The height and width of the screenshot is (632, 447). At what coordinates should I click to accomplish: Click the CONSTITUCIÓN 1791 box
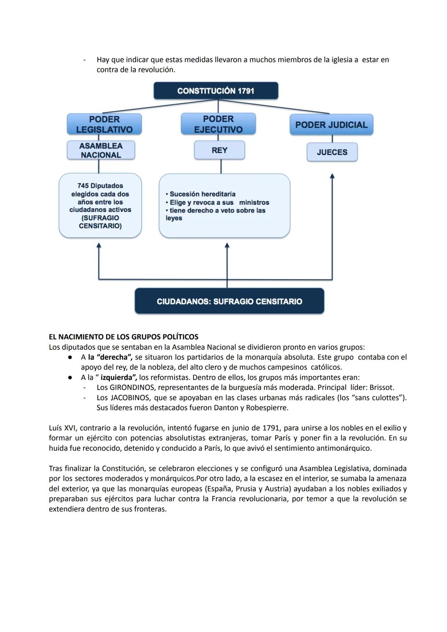point(216,91)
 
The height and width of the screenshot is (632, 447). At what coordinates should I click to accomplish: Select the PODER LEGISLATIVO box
point(104,124)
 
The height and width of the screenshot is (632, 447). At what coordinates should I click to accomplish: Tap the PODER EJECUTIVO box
point(218,124)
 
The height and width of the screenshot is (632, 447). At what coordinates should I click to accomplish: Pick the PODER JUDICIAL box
point(331,125)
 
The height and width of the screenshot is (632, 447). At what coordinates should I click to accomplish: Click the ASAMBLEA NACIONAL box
point(101,150)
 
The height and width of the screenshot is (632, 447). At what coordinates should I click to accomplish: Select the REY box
point(219,150)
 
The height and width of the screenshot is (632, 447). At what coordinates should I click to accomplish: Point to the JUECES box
point(332,152)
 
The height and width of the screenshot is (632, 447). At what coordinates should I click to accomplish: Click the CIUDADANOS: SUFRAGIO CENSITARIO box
point(229,301)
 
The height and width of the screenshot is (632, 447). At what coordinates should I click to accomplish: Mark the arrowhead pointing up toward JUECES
point(332,176)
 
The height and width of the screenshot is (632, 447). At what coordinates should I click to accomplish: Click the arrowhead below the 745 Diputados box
point(99,246)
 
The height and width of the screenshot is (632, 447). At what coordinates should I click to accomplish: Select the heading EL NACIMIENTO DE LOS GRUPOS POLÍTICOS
point(123,337)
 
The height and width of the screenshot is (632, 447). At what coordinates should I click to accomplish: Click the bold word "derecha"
point(113,357)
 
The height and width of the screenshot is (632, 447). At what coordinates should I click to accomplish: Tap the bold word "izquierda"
point(118,378)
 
